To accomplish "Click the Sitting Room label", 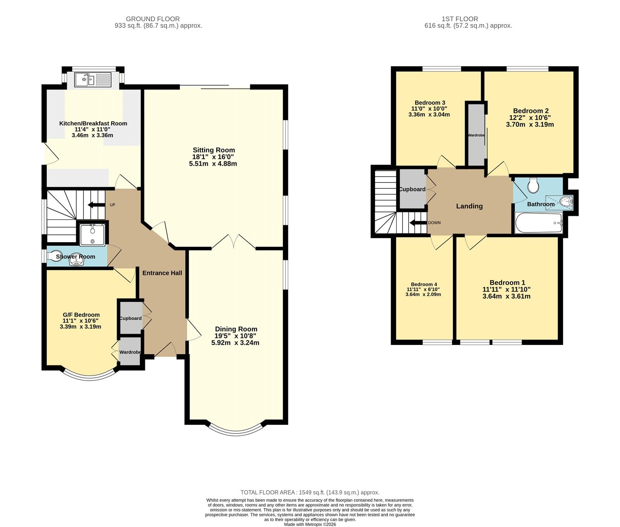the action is (214, 150).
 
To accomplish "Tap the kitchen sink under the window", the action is (93, 80).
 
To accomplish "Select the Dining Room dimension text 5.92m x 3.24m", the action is (235, 343).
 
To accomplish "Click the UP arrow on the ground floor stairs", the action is (96, 205).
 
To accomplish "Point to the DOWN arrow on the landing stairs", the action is (418, 223).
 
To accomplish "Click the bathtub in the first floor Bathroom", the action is (539, 223).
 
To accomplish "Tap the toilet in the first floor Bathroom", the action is (534, 185).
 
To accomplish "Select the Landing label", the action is (469, 206).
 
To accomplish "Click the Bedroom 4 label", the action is (424, 284).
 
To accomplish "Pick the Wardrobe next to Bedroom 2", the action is (476, 135).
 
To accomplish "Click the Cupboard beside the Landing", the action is (413, 189).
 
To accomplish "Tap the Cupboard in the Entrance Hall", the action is (131, 318).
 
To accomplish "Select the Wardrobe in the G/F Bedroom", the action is (130, 352).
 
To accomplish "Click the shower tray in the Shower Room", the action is (92, 234).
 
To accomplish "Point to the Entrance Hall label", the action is (162, 273).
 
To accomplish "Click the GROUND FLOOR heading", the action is (153, 19).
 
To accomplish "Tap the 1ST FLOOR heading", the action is (460, 19).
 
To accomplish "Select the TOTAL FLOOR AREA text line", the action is (310, 492).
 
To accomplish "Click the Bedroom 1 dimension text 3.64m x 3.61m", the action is (506, 296).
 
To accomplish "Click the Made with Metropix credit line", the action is (310, 524).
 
